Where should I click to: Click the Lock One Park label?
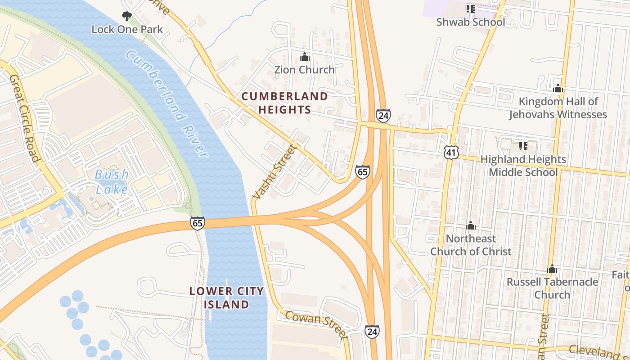point(127,29)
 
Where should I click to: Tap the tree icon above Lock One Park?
point(127,17)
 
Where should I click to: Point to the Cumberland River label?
point(166,103)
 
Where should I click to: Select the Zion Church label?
point(305,70)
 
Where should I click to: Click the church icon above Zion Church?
point(305,57)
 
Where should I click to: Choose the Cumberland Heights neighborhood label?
point(284,103)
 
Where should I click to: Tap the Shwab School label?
point(471,22)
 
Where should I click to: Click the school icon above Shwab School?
point(471,9)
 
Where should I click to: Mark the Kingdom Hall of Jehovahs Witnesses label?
point(558,108)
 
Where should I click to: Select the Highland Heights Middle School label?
point(523,166)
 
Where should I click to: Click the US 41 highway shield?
point(451,152)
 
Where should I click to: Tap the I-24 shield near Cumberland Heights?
point(383,116)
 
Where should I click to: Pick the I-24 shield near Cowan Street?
point(372,332)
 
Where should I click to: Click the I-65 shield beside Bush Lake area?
point(198,223)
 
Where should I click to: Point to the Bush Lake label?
point(112,181)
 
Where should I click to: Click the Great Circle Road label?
point(25,118)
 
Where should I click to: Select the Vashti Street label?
point(275,172)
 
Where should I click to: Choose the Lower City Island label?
point(226,297)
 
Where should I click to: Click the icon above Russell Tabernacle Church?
point(552,270)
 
